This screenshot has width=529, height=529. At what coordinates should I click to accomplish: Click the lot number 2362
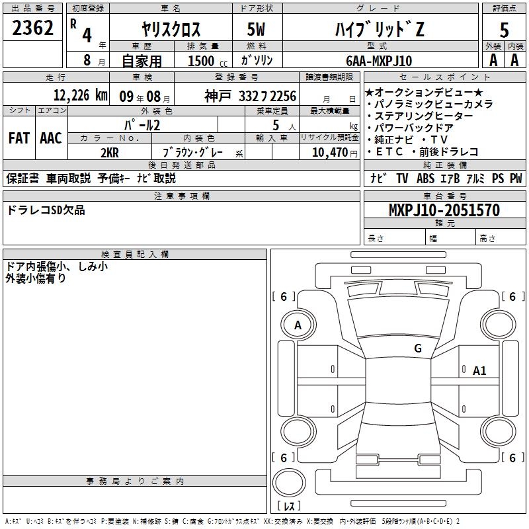(x=32, y=28)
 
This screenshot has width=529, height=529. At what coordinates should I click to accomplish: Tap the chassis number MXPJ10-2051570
(x=444, y=210)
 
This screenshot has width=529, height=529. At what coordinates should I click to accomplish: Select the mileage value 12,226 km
(x=81, y=95)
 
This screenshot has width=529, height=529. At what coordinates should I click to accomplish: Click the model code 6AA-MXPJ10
(x=379, y=61)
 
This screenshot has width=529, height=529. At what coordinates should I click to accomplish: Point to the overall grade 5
(x=504, y=30)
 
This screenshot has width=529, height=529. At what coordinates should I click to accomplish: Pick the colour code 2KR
(x=110, y=153)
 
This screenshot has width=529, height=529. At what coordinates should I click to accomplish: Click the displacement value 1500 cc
(x=208, y=61)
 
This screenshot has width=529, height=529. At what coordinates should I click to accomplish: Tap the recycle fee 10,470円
(x=335, y=153)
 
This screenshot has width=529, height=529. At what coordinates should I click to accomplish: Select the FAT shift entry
(x=19, y=138)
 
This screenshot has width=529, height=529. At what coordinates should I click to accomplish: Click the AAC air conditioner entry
(x=51, y=138)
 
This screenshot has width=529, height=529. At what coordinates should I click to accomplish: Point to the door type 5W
(x=256, y=29)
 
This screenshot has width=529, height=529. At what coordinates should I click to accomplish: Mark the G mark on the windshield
(x=418, y=348)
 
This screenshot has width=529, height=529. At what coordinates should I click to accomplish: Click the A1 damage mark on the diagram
(x=479, y=371)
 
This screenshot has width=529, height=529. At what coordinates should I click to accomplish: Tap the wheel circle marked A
(x=298, y=325)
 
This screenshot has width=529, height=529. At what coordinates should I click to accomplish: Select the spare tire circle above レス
(x=289, y=482)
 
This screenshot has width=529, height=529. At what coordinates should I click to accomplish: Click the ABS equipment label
(x=425, y=179)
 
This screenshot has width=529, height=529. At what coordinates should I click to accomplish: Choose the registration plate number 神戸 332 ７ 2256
(x=251, y=96)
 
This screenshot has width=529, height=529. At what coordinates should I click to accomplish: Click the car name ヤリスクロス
(x=171, y=29)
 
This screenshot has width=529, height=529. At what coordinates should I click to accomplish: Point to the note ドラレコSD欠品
(x=46, y=210)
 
